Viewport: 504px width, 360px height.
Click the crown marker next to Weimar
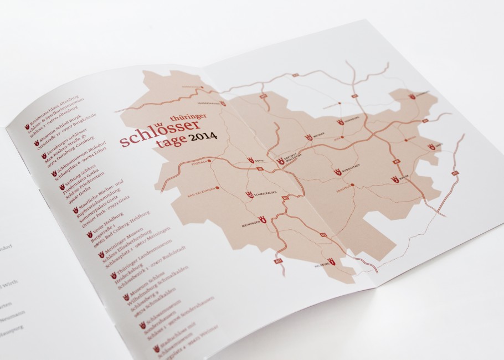(x=309, y=137)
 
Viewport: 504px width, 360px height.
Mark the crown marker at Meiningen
(x=264, y=221)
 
